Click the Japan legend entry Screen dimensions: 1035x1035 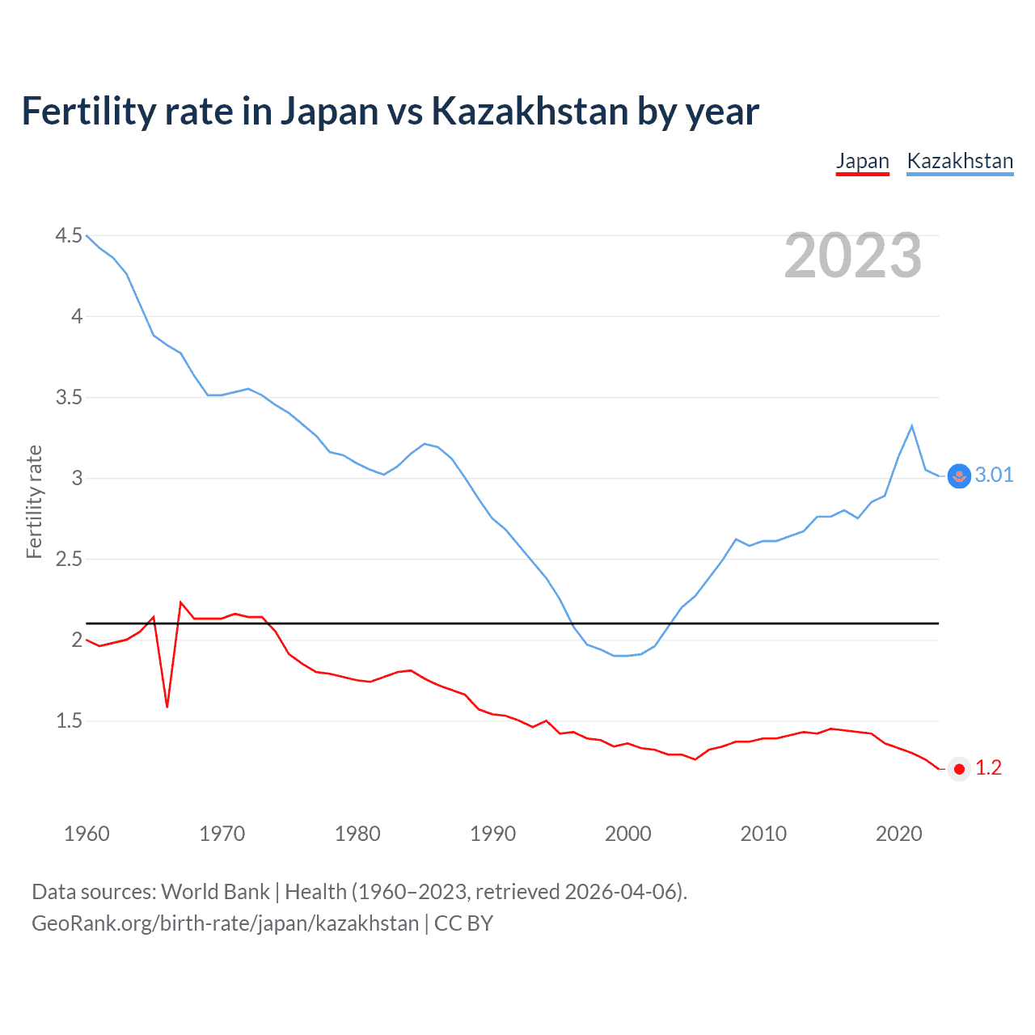tap(862, 161)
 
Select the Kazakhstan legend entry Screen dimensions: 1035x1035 tap(960, 161)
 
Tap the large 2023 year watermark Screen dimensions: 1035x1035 tap(853, 256)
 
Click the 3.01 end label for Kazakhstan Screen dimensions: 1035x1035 tap(994, 475)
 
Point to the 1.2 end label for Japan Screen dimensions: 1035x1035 tap(988, 767)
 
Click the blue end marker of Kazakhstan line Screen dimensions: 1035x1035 tap(959, 476)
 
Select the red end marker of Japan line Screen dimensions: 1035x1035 tap(959, 769)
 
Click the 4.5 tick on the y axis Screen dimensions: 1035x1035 tap(69, 235)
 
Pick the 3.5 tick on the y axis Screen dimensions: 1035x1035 tap(69, 397)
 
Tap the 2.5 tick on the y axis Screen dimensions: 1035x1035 tap(69, 559)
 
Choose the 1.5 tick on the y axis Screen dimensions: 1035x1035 tap(69, 720)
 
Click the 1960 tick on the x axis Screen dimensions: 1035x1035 tap(87, 834)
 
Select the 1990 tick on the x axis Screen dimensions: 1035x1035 tap(492, 834)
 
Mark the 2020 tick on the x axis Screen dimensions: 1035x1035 tap(898, 834)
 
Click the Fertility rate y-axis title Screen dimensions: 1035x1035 tap(34, 501)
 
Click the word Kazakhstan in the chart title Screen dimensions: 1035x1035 tap(530, 111)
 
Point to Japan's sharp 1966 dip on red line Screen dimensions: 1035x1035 tap(167, 706)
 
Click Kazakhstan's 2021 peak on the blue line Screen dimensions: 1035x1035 tap(912, 426)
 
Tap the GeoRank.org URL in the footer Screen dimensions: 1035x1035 tap(225, 923)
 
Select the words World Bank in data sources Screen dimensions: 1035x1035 tap(215, 891)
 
